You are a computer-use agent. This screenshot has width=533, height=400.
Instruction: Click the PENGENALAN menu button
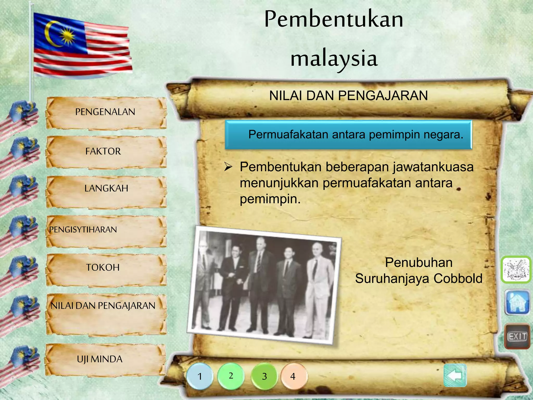pos(105,113)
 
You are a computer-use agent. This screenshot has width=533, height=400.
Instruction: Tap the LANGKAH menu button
pos(106,189)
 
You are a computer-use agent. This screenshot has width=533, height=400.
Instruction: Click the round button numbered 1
pos(200,376)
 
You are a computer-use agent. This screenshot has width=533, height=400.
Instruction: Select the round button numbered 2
pos(231,376)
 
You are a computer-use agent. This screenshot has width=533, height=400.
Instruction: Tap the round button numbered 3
pos(264,376)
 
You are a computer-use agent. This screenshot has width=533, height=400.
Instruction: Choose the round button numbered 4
pos(293,376)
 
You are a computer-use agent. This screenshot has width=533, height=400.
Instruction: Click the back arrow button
pos(455,376)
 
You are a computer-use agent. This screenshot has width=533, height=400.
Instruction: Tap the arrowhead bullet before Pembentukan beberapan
pos(228,167)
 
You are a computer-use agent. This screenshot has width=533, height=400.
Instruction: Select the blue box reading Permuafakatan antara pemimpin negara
pos(348,135)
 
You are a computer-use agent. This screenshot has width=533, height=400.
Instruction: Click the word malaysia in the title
pos(334,59)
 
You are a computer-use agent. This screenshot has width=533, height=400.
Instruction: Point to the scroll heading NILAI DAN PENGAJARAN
pos(348,96)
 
